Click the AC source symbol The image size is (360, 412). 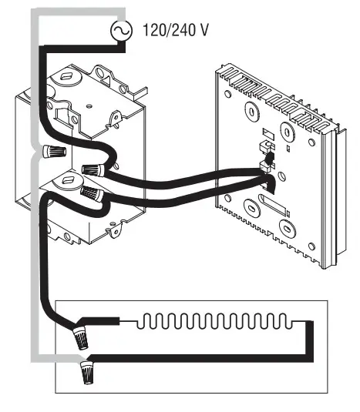coord(121,29)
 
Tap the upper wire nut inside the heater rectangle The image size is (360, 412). coord(79,335)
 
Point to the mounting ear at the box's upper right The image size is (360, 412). coord(116,118)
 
